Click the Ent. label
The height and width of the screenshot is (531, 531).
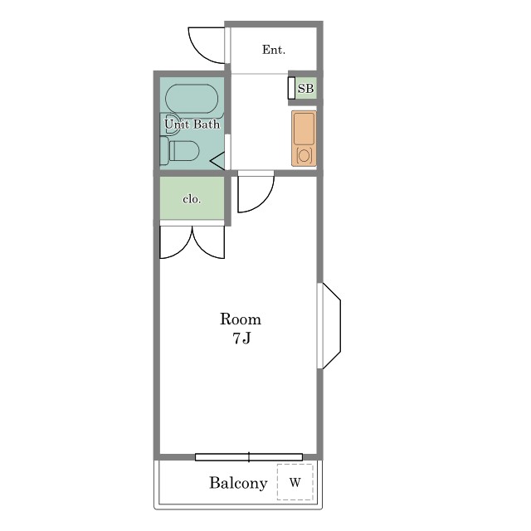274,50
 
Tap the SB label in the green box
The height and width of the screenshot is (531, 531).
305,89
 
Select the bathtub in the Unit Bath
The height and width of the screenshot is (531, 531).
192,99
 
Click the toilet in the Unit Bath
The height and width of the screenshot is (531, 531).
180,151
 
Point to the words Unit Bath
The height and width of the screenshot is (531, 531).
192,124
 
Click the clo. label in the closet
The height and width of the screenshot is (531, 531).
192,199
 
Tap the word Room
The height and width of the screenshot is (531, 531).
241,319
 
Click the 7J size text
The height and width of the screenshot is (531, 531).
241,339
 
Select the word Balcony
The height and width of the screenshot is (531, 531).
238,483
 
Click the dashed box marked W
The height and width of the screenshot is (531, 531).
295,482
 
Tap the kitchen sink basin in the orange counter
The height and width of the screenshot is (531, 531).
304,129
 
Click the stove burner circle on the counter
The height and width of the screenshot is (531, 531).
304,156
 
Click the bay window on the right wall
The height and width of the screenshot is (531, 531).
329,326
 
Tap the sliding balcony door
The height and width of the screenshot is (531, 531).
249,457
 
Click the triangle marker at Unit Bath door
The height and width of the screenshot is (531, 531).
217,161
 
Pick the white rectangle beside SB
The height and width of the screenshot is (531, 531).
291,88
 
